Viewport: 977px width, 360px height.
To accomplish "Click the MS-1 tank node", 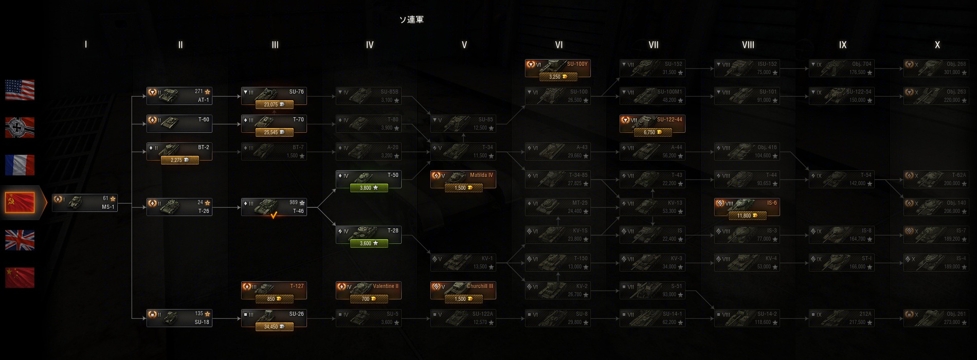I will (85, 203).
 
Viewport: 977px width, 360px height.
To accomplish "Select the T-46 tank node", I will (274, 206).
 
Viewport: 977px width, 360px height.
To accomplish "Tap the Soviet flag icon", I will (20, 203).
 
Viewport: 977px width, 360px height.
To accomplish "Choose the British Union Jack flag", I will (20, 240).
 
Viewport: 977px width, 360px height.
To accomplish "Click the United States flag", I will (20, 90).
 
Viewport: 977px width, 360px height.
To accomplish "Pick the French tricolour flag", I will (20, 165).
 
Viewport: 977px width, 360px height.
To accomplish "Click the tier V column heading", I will (464, 45).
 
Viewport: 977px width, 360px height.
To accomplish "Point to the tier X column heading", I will (937, 45).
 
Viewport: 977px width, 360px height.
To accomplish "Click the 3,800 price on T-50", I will (369, 188).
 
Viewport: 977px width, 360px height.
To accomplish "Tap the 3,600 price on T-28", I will (369, 244).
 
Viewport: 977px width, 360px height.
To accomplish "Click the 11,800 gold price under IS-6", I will (747, 216).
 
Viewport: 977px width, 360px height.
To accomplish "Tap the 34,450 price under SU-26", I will (274, 327).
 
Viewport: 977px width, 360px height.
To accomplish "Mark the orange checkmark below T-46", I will (274, 215).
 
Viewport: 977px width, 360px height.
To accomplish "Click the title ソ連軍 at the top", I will (411, 20).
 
